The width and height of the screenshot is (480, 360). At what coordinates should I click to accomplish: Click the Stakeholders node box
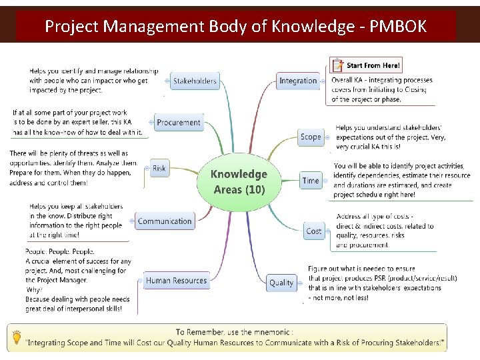(x=195, y=81)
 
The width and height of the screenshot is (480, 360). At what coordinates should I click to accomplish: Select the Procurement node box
(x=178, y=123)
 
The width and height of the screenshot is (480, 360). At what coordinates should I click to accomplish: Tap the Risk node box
(x=159, y=169)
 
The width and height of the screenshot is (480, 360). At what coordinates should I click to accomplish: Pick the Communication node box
(x=165, y=221)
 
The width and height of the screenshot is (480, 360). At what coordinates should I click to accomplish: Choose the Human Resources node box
(x=176, y=281)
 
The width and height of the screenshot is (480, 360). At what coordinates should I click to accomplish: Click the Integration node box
(x=298, y=81)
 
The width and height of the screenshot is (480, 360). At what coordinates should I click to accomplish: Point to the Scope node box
(x=311, y=137)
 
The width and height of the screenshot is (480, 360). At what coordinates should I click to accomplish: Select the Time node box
(x=311, y=181)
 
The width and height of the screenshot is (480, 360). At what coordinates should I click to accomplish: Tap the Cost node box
(x=313, y=231)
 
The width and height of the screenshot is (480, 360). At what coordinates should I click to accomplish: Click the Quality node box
(x=281, y=283)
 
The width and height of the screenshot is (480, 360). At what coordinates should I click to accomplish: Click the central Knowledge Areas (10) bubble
(x=239, y=181)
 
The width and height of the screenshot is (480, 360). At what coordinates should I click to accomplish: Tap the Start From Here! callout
(x=367, y=65)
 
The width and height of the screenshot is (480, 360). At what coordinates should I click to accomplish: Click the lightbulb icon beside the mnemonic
(x=17, y=338)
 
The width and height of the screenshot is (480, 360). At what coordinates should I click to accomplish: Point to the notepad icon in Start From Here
(x=339, y=65)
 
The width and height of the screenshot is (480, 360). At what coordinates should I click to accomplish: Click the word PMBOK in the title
(x=398, y=27)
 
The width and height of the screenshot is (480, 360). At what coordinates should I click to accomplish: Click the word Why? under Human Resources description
(x=34, y=290)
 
